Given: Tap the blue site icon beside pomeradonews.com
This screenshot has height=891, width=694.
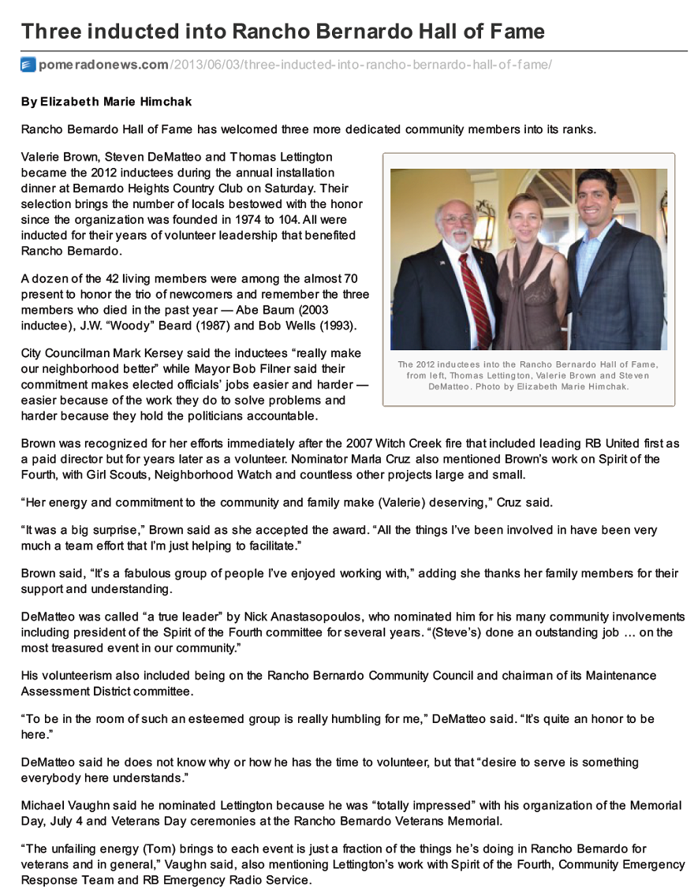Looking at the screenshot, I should [x=28, y=65].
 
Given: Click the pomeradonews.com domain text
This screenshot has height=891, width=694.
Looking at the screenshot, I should [x=103, y=65].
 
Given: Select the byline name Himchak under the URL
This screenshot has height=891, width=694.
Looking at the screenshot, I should [x=167, y=102].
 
